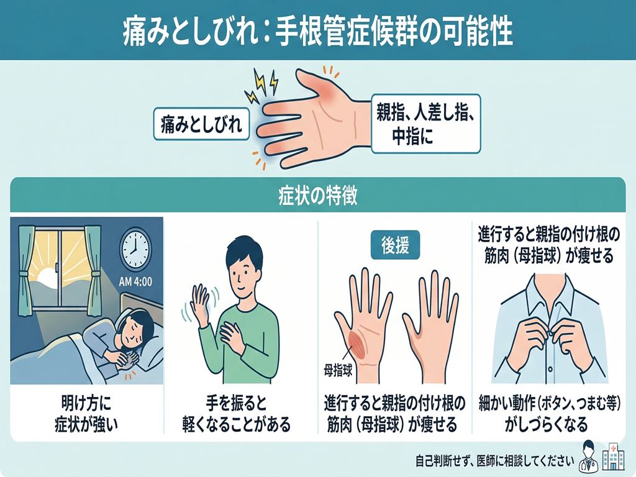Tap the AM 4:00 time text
point(135,281)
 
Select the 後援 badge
point(395,245)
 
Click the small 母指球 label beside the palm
point(338,371)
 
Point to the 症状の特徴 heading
point(318,196)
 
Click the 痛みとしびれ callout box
point(201,124)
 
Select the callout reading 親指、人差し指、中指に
point(426,124)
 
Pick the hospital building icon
point(613,458)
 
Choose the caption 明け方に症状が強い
point(86,414)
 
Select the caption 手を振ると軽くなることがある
point(237,414)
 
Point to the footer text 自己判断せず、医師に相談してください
point(494,461)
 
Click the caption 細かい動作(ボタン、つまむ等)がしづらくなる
point(549,414)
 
